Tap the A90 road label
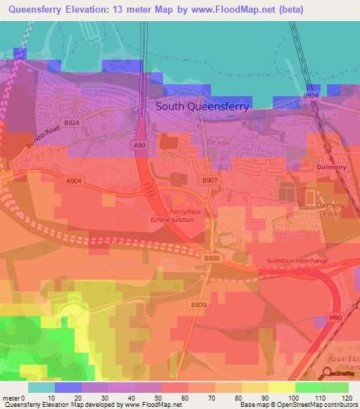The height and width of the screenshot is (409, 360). pos(140,145)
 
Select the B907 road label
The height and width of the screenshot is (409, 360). pos(210,181)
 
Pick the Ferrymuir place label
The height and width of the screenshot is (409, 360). pos(186,212)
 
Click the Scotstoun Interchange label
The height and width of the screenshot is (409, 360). pos(297,261)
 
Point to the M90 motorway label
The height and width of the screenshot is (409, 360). pos(336,318)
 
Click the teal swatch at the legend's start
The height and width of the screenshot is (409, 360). pos(41,387)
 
